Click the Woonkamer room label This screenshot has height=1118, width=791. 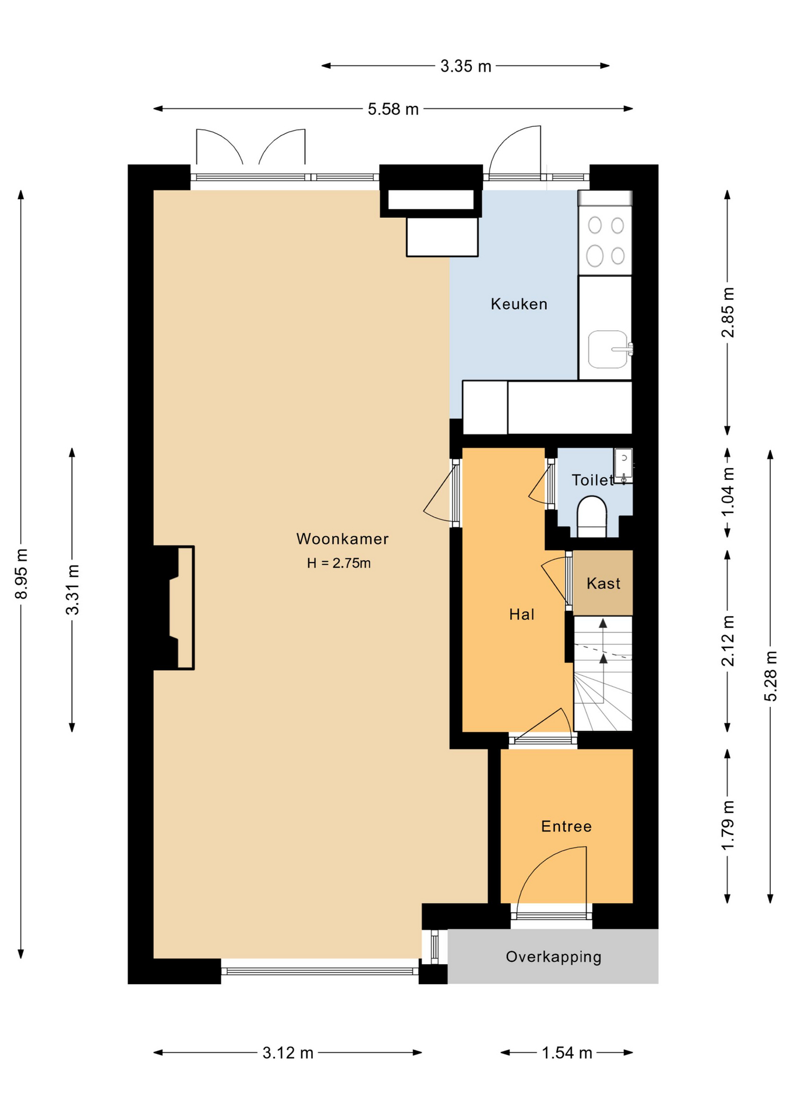(x=342, y=539)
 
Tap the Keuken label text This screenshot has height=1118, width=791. (x=519, y=304)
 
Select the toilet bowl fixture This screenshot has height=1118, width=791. (x=592, y=516)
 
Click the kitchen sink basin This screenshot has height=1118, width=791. (x=608, y=349)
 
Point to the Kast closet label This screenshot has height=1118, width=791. (x=603, y=583)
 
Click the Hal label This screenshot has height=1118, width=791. (x=521, y=614)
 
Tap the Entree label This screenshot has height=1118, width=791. (x=566, y=826)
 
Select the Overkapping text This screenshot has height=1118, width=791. (x=553, y=957)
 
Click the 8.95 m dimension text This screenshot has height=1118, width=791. (x=21, y=574)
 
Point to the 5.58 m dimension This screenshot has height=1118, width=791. (x=393, y=109)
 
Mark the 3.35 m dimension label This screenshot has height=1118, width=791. (x=465, y=66)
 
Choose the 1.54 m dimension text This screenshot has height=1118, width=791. (x=567, y=1053)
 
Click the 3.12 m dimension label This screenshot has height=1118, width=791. (x=288, y=1053)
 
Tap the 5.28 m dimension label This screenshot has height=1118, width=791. (x=770, y=676)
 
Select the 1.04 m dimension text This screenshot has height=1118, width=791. (x=728, y=491)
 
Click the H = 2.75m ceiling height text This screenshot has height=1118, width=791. (x=339, y=563)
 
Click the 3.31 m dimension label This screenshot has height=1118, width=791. (x=72, y=589)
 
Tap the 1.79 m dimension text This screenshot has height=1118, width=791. (x=728, y=826)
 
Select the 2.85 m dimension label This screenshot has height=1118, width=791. (x=728, y=312)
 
